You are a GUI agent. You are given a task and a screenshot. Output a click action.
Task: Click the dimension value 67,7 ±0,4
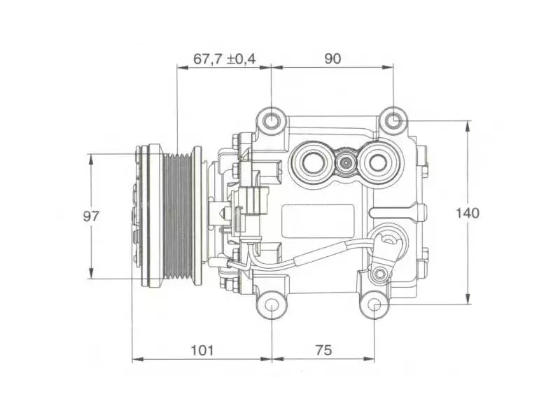coord(224,58)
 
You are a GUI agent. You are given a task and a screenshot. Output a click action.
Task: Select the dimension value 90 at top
coord(332,58)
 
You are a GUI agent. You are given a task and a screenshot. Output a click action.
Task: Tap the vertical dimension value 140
coord(467,213)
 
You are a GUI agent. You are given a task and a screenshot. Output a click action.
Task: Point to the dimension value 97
coord(91,216)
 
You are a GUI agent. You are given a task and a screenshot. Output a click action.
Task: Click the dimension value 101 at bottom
coord(202,350)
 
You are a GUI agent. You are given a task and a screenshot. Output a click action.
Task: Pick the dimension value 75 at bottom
coord(323,350)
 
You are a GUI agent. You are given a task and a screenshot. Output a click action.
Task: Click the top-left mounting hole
coord(272,120)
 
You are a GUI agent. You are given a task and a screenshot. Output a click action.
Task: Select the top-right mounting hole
coord(393,120)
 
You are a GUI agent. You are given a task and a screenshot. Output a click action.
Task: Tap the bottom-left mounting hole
coord(272,306)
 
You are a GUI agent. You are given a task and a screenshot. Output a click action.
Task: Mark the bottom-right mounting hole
coord(374,305)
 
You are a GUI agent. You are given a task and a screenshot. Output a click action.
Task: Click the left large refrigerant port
coord(313,163)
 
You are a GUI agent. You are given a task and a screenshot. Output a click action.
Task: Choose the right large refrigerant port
coord(378,163)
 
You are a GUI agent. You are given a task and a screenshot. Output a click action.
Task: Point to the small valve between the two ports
coord(346,163)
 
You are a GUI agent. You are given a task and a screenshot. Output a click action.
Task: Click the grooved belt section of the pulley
coord(178,217)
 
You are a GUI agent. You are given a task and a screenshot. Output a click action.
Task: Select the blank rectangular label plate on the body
coord(318,221)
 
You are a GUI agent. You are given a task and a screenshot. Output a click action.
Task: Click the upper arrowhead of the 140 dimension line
coord(468,126)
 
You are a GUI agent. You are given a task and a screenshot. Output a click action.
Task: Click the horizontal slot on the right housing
coord(393,213)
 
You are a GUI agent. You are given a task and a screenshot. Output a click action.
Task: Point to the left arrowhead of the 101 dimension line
coord(138,358)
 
